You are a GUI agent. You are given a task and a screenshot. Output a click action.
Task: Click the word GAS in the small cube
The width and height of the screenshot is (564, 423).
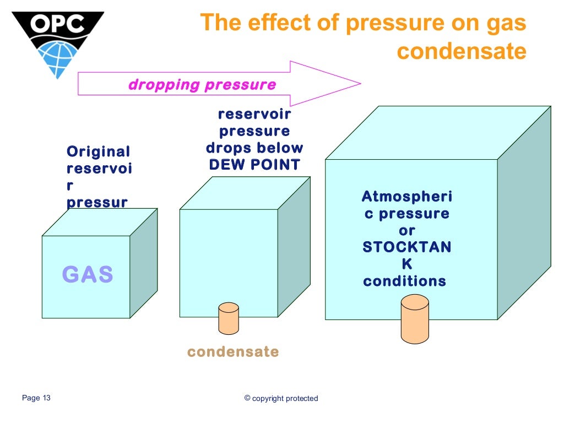pos(88,274)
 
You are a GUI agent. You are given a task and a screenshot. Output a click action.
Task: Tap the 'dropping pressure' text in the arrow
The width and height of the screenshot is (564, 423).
pos(202,85)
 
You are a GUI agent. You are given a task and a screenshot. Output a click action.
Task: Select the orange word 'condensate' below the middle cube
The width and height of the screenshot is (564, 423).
pos(233,351)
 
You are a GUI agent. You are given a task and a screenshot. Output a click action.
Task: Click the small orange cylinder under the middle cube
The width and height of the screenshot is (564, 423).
pos(229,318)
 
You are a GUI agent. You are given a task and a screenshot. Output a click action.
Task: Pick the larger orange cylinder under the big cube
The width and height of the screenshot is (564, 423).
pos(415,318)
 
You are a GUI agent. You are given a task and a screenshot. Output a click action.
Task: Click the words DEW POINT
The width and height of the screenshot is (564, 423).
pos(254,165)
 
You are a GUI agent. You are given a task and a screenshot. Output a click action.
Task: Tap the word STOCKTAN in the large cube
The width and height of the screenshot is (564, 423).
pos(406,247)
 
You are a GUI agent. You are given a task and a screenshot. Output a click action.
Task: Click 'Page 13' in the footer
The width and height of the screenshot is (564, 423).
pos(36,398)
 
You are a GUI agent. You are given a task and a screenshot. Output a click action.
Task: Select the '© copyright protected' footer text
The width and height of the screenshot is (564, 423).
pos(281,398)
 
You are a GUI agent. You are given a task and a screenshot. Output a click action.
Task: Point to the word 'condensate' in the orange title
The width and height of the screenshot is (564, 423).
pos(462,51)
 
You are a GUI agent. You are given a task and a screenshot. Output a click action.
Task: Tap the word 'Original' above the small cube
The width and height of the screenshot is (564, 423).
pos(98,152)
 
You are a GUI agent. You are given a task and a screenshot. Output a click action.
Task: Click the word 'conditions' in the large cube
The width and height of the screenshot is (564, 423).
pos(404,281)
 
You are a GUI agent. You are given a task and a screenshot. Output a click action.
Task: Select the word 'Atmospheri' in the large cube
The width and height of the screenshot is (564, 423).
pos(406,197)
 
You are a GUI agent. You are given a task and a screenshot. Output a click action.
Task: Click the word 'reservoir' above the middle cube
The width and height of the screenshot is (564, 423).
pos(254,115)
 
